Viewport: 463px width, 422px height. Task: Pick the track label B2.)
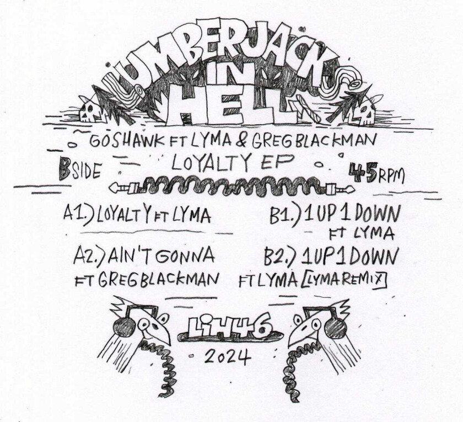click(x=279, y=257)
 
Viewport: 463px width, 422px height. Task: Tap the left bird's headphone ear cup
click(x=122, y=326)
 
